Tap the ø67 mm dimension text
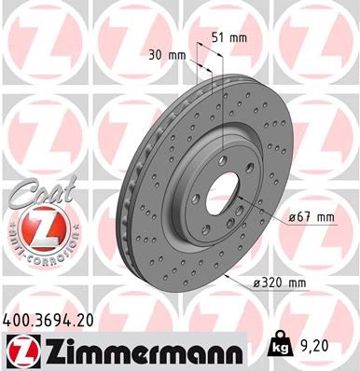(312, 217)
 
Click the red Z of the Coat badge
(35, 227)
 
